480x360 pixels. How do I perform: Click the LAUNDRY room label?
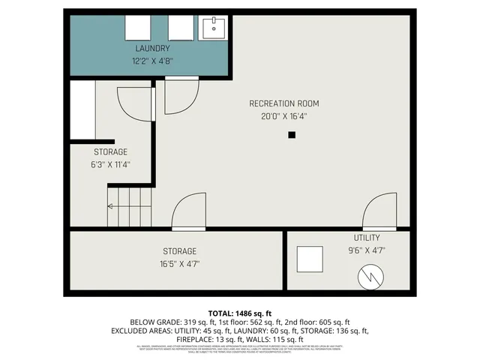(147, 49)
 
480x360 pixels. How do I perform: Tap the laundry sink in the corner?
(214, 28)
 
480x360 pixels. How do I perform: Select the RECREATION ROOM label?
(284, 103)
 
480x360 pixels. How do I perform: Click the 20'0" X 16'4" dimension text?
(284, 116)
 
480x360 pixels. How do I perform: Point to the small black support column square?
(292, 135)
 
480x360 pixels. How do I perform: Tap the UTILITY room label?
(367, 238)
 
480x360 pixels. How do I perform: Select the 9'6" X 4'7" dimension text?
(367, 251)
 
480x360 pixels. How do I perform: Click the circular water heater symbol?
(370, 278)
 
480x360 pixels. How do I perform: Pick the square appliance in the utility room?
(310, 259)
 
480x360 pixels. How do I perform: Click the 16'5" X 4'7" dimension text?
(180, 264)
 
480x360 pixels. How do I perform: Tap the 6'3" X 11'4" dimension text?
(110, 164)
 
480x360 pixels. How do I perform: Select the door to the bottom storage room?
(188, 213)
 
